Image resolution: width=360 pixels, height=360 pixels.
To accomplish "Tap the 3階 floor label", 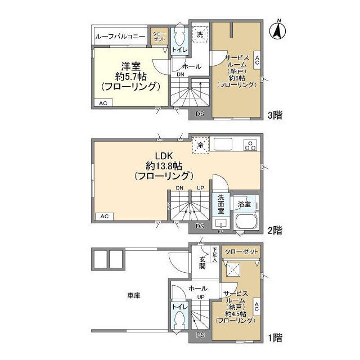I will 274,115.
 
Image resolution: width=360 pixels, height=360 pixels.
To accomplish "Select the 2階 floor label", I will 274,229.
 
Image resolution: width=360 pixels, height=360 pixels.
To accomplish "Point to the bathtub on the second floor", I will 246,223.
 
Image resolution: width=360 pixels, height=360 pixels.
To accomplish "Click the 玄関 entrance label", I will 202,262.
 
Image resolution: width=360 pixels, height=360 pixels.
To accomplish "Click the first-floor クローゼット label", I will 240,252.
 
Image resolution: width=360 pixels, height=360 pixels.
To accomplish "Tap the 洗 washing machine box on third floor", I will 199,35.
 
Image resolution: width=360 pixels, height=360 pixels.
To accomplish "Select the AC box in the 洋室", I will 103,103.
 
